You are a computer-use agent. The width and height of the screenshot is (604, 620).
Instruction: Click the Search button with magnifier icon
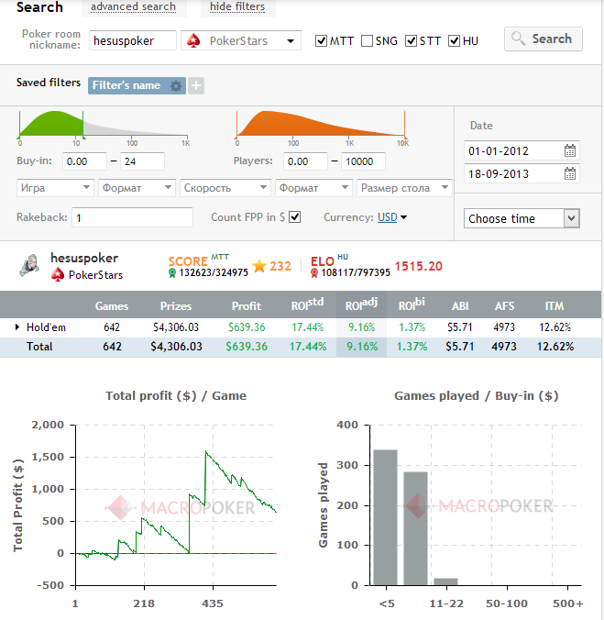542,39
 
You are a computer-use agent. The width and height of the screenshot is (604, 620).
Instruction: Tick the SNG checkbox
367,41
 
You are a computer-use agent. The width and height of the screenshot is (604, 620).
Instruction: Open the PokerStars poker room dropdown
243,40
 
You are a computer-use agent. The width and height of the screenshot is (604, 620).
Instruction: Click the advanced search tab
134,7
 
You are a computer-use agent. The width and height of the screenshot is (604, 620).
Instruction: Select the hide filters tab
237,7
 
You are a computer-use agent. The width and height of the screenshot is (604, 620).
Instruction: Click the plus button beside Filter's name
196,85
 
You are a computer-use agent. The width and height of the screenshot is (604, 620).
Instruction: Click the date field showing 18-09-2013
513,173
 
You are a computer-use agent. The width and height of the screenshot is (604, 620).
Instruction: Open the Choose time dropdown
522,218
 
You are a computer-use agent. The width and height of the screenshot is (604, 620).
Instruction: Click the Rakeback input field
133,217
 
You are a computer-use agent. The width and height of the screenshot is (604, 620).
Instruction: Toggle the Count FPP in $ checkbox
294,217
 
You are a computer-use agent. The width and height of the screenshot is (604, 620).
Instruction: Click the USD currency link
388,217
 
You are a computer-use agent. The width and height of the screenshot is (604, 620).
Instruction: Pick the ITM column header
553,305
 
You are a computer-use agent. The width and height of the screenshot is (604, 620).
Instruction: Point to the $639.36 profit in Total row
247,347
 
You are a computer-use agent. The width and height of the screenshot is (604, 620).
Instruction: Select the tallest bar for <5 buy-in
385,516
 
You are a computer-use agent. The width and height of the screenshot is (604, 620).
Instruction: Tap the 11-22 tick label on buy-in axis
445,603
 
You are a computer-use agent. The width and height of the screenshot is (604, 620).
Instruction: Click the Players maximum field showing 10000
363,161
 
